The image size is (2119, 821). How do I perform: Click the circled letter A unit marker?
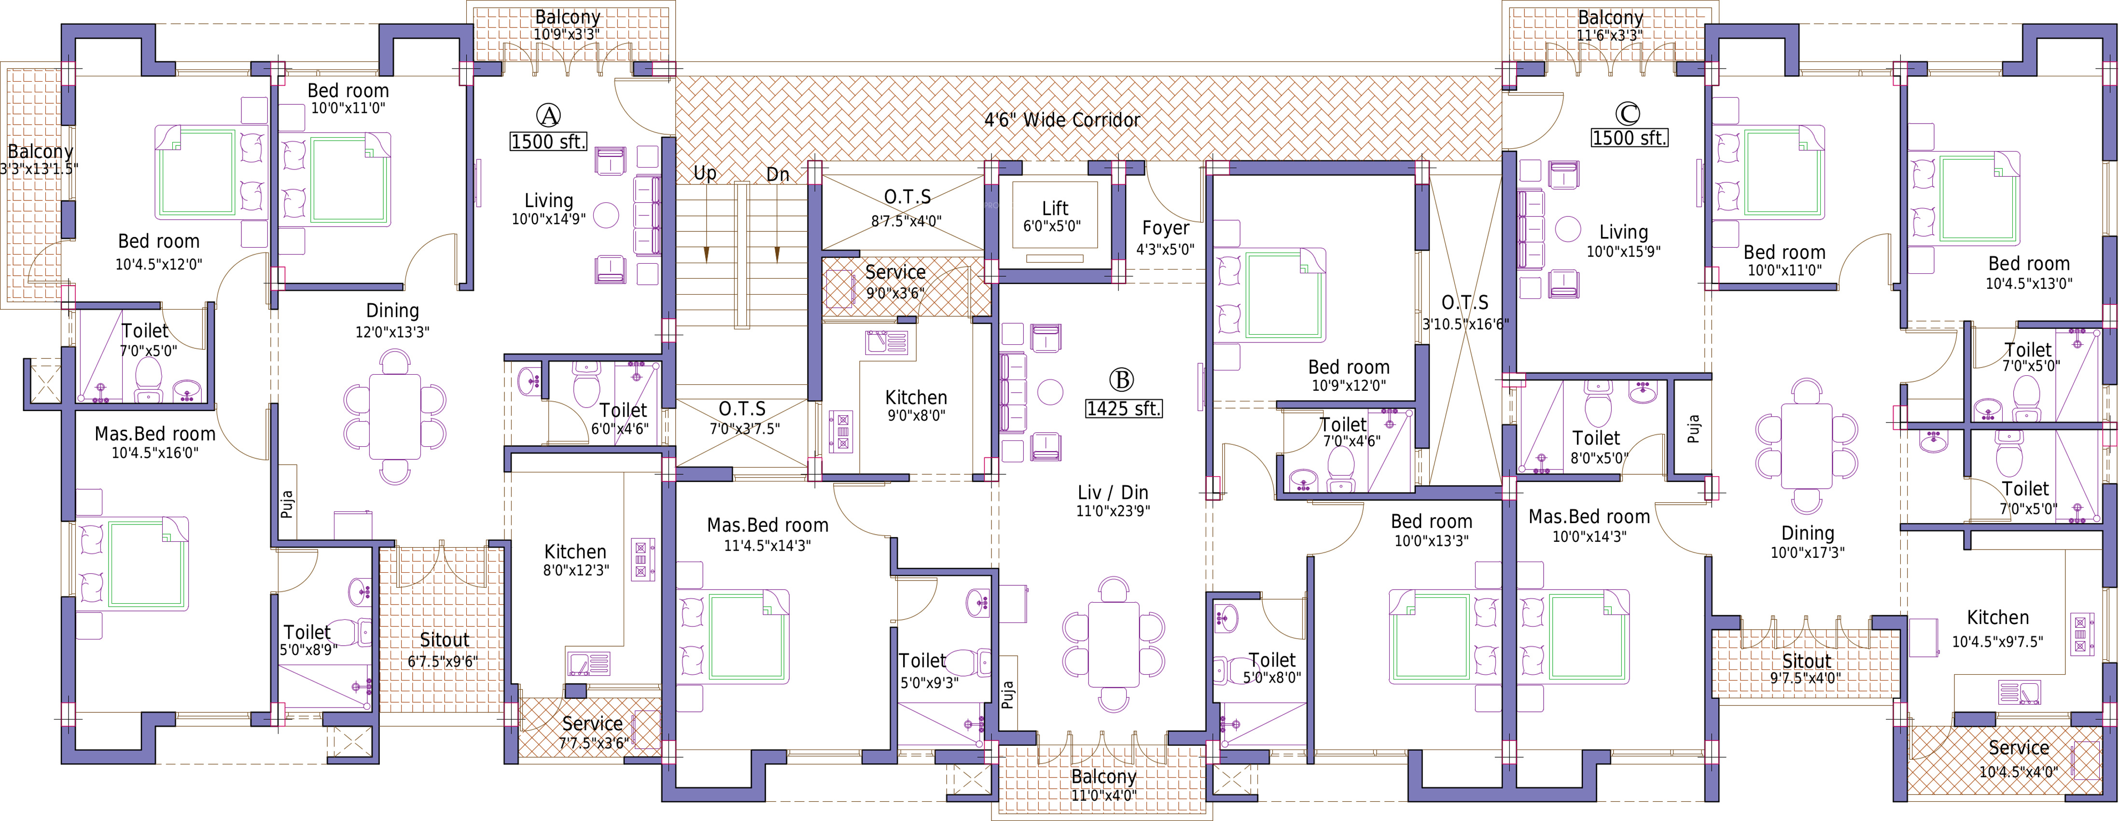click(x=549, y=114)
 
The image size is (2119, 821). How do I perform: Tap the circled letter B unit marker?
click(x=1121, y=379)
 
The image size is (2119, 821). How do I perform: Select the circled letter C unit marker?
click(x=1628, y=113)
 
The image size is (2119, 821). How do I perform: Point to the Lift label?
click(x=1055, y=208)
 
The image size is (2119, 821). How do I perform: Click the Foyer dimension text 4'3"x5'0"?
click(x=1165, y=249)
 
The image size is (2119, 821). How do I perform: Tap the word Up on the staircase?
click(x=705, y=173)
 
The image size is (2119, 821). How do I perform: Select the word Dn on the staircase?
click(x=777, y=174)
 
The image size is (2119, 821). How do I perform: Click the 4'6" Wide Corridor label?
click(x=1062, y=120)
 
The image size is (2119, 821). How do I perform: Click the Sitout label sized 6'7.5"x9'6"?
click(x=444, y=639)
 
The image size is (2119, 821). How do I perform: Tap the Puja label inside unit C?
click(x=1693, y=428)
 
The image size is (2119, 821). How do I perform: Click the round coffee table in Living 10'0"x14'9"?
click(x=606, y=215)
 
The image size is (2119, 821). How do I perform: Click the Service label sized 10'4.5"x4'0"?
click(x=2019, y=748)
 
